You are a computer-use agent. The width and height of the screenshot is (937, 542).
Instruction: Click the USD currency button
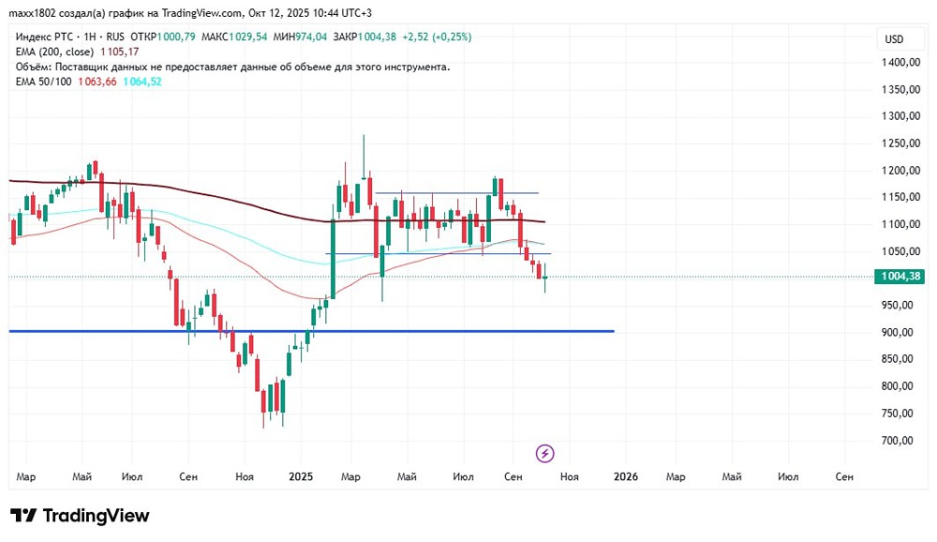894,38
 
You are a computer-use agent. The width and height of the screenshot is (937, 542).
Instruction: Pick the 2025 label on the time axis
302,477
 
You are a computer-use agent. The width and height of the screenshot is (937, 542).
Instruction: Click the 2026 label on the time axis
625,477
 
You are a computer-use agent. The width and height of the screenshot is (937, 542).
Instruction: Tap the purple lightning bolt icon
545,454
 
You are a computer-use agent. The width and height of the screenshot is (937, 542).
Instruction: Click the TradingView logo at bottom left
80,516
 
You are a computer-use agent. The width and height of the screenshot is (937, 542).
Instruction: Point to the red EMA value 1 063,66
97,82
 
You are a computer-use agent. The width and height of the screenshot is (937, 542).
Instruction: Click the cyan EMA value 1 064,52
142,82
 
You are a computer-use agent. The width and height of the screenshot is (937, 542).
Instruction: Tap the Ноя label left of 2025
245,477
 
